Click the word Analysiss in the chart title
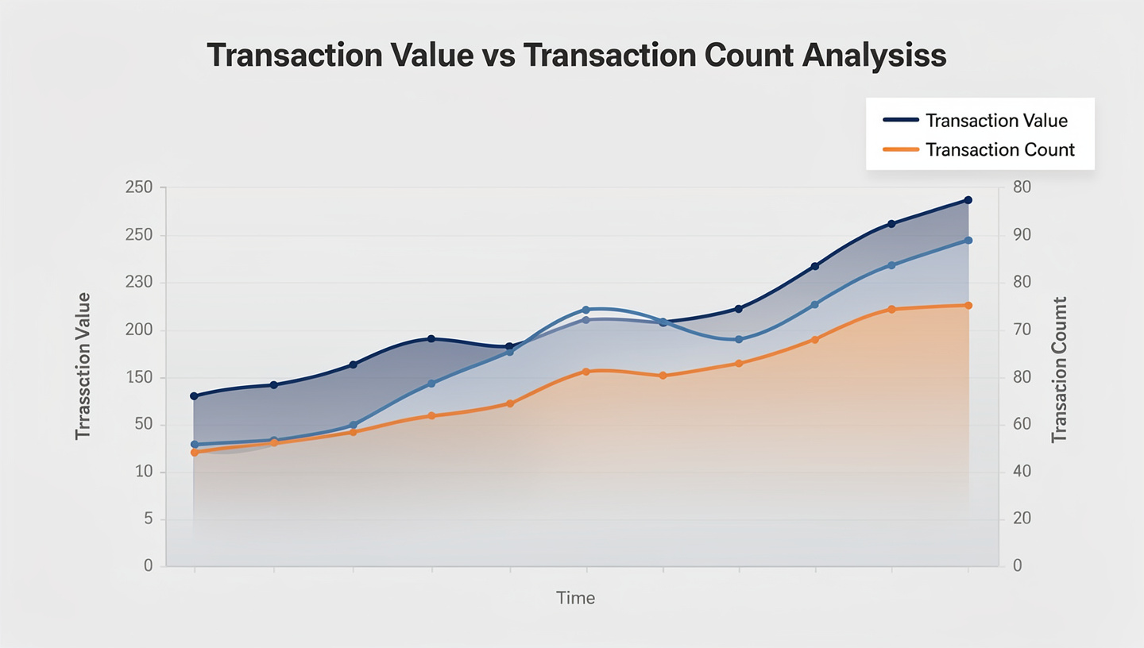tap(873, 56)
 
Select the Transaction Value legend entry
tap(996, 121)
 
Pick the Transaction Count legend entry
tap(999, 149)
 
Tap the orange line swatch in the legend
tap(901, 149)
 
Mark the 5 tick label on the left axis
tap(147, 519)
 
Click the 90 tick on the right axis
tap(1021, 236)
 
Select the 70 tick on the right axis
tap(1021, 330)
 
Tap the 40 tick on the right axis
tap(1021, 472)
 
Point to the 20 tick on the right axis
tap(1021, 519)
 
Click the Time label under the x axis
tap(575, 598)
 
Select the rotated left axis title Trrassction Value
tap(83, 365)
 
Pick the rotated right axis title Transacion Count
tap(1059, 370)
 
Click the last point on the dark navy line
tap(968, 200)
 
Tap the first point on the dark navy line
tap(194, 395)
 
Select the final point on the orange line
tap(968, 305)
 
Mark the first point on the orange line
tap(194, 452)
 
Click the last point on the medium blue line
tap(968, 240)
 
